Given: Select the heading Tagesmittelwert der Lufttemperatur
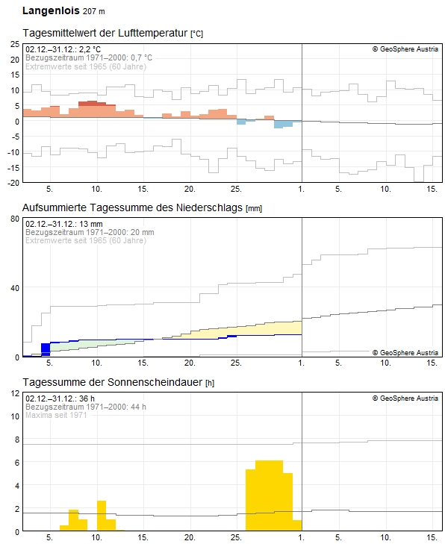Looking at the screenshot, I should (x=106, y=34).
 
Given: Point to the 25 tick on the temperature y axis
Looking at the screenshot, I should (x=14, y=44).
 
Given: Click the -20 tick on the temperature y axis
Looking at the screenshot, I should (x=13, y=183).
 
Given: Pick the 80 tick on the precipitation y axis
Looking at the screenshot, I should (x=14, y=219).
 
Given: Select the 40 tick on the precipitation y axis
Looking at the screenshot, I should (x=14, y=288).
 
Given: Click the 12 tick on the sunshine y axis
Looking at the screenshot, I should (x=14, y=393).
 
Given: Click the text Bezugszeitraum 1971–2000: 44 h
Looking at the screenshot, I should (x=85, y=407).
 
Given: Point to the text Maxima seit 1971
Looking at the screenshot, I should (x=56, y=415).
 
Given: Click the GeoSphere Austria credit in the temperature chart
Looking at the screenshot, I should (x=405, y=49).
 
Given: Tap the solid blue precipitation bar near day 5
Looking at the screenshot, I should (x=46, y=348).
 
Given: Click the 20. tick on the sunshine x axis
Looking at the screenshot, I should (x=190, y=537).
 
